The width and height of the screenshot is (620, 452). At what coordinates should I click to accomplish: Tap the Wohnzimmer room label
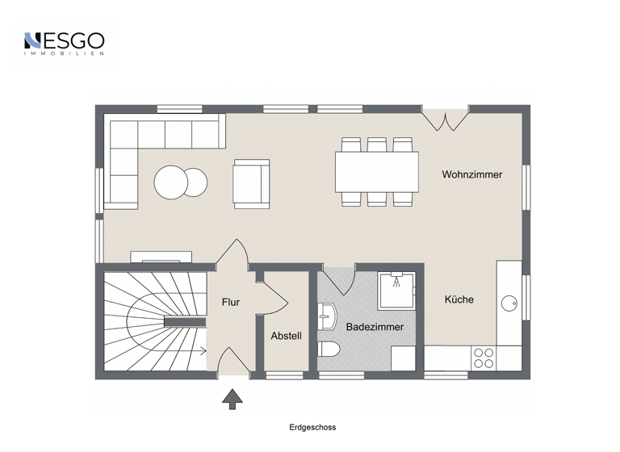coord(471,174)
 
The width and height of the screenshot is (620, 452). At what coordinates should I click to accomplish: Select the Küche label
coord(459,299)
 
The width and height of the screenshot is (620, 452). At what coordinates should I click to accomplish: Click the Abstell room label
coord(286,336)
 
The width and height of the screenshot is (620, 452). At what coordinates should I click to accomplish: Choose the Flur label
coord(231,303)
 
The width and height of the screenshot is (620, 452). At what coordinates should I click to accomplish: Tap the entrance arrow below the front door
coord(232,397)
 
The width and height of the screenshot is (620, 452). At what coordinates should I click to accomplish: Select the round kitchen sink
coord(509,303)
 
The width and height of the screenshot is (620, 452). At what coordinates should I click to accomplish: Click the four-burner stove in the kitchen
coord(484,358)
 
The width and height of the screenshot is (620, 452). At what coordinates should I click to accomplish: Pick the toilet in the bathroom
coord(327,350)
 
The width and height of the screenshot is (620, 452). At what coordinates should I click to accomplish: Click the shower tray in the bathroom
coord(396,290)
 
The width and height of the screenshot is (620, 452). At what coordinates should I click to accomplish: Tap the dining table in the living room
coord(376,172)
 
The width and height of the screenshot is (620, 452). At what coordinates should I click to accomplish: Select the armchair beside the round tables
coord(251,183)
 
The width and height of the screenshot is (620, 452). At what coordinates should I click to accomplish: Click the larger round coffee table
coord(171,182)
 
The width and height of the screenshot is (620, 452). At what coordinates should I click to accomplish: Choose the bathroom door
coord(340,278)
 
